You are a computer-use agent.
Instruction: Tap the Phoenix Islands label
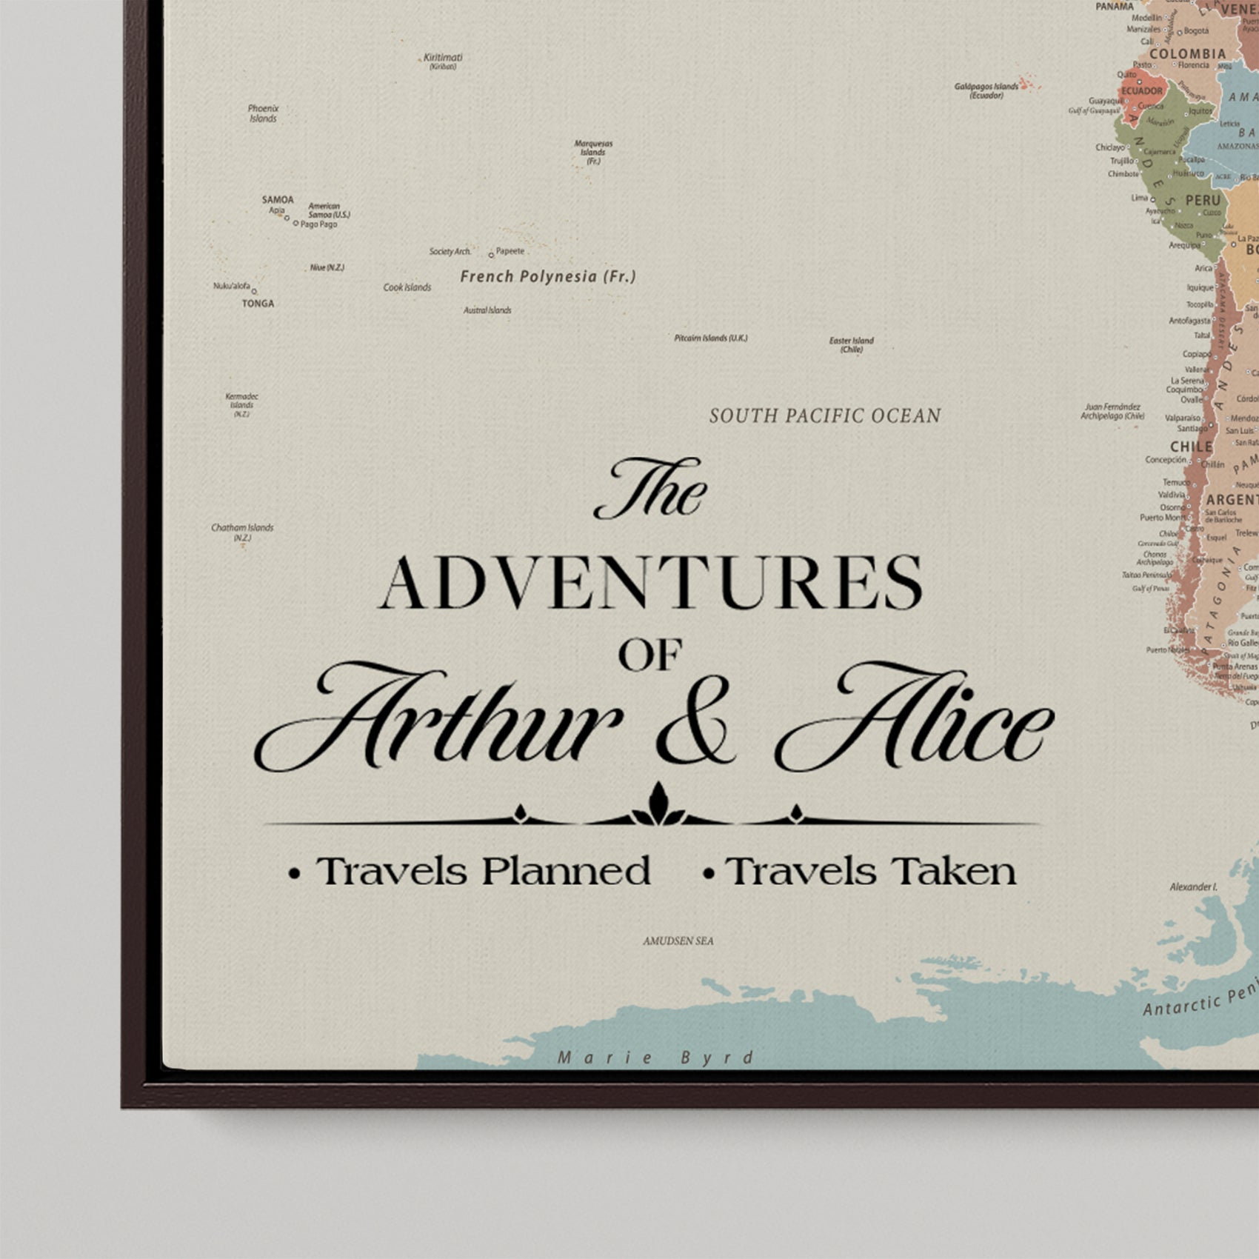[263, 113]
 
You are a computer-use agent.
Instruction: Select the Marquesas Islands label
[593, 152]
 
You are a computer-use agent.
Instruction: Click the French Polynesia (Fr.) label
[547, 276]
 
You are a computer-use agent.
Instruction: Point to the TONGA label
[258, 304]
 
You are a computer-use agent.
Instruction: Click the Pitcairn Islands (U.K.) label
[710, 338]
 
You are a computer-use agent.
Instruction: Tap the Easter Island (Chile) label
[851, 344]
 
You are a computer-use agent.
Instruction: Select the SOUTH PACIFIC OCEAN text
[825, 416]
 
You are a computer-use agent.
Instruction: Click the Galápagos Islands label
[986, 90]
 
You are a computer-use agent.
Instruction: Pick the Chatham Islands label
[242, 532]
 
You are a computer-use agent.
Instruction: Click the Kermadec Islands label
[241, 405]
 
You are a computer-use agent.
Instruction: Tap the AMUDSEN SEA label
[678, 941]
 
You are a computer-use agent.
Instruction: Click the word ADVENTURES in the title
[652, 583]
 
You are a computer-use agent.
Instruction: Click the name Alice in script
[915, 718]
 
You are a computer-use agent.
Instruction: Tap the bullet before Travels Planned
[295, 874]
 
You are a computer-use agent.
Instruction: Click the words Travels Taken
[870, 871]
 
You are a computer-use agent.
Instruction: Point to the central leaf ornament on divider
[657, 806]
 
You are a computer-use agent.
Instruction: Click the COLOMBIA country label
[1187, 54]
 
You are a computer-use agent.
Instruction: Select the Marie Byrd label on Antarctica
[655, 1058]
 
